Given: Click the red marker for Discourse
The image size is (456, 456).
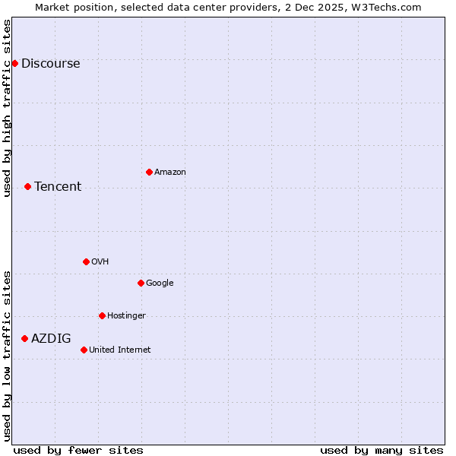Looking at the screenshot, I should click(14, 63).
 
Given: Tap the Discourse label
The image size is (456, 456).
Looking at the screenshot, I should click(50, 64).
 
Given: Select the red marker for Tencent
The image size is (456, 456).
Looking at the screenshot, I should click(27, 186).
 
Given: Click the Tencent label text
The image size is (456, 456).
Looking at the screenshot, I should click(58, 187).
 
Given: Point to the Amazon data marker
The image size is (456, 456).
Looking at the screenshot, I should click(149, 172).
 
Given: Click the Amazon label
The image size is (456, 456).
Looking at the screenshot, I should click(170, 173).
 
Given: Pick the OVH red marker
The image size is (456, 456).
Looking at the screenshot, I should click(86, 261).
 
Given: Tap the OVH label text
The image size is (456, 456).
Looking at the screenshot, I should click(100, 262).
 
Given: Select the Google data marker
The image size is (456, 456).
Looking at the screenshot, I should click(141, 283).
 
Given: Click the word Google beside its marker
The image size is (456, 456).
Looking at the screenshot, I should click(160, 283).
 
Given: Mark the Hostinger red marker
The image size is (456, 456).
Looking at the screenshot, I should click(102, 315).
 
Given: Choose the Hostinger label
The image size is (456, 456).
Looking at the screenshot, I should click(126, 316).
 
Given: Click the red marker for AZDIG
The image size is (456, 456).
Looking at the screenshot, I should click(24, 338).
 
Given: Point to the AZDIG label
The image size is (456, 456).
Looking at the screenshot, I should click(51, 339).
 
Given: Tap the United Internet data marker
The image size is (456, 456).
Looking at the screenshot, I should click(84, 350).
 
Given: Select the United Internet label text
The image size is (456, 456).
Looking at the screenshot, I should click(119, 350).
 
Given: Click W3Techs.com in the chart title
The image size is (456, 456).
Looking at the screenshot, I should click(390, 7).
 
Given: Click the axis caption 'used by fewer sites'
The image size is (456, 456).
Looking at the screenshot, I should click(78, 450).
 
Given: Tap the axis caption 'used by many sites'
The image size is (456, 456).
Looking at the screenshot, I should click(382, 450).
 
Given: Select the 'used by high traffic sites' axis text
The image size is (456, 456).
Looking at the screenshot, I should click(7, 108).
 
